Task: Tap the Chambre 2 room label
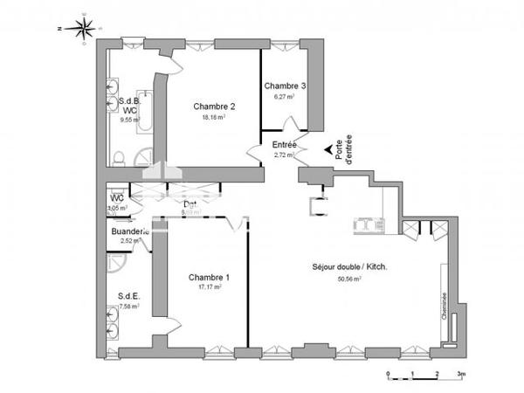coord(214,107)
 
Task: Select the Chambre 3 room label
coord(285,86)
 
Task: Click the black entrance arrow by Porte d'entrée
coord(328,151)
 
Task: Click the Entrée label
coord(285,145)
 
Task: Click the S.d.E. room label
coord(128,296)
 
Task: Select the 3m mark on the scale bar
coord(461,374)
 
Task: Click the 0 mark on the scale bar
coord(388,374)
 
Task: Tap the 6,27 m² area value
coord(285,97)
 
